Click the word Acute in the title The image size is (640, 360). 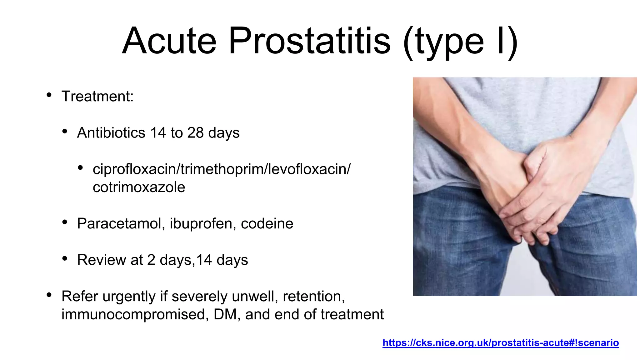click(169, 41)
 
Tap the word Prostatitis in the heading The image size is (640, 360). click(309, 41)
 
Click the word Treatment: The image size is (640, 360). click(97, 96)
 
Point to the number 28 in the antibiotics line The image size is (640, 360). click(195, 132)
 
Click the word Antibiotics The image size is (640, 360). click(111, 132)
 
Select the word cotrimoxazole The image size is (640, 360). click(139, 187)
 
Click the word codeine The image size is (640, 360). click(267, 224)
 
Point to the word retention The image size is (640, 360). click(313, 296)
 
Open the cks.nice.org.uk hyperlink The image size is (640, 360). click(500, 343)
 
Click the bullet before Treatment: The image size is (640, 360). click(49, 95)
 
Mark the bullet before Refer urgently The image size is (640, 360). click(49, 295)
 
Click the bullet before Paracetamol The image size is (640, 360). click(65, 222)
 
